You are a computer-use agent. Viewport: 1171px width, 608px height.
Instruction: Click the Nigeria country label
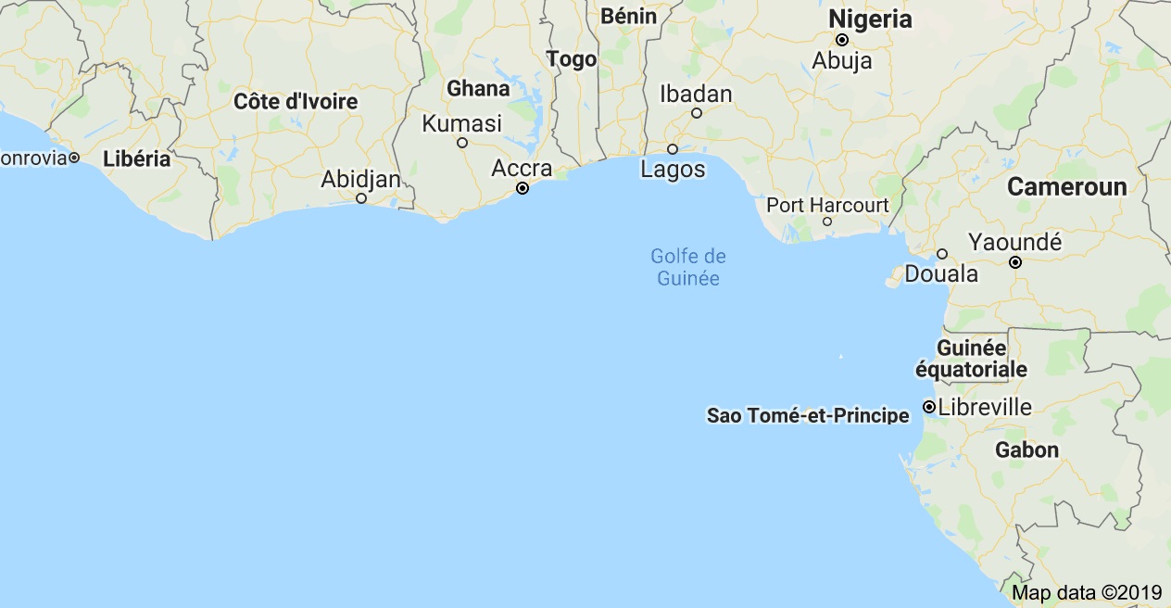870,19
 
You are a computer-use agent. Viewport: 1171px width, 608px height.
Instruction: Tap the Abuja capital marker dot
842,40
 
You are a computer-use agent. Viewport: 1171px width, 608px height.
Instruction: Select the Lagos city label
673,170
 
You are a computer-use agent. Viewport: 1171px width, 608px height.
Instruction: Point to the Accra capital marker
523,187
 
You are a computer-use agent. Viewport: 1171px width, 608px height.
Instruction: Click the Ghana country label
478,89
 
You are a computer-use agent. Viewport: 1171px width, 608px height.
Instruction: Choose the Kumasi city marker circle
462,143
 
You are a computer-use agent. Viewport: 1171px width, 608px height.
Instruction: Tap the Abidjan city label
360,179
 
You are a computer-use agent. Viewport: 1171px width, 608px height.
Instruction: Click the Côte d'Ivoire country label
296,102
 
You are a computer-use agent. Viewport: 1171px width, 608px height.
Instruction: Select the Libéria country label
137,158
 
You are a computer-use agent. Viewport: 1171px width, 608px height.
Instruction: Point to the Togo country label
572,59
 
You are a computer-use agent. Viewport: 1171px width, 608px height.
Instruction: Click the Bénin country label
628,16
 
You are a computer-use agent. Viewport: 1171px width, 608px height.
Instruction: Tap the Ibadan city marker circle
697,113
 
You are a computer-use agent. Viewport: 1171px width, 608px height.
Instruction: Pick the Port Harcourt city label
827,205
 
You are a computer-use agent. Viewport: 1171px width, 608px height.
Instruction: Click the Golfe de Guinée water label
688,267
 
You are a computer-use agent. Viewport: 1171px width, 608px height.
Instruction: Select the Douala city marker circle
942,254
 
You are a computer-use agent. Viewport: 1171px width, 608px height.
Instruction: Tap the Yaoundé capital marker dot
1015,262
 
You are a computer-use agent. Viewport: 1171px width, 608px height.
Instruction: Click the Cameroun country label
1067,186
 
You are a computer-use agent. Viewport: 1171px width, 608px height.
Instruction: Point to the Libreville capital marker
928,407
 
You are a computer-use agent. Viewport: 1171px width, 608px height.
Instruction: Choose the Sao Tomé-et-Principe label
808,415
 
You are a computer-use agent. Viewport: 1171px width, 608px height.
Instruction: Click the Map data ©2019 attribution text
1086,591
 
